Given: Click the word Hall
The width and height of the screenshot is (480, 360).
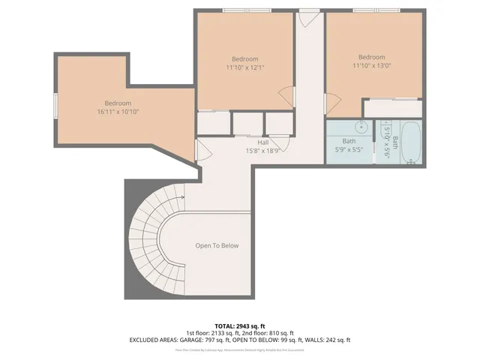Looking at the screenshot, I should coord(263,142).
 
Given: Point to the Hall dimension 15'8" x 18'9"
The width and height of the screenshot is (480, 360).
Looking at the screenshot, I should coord(263,150).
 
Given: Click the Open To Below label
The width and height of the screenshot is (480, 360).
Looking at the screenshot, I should coord(217,245).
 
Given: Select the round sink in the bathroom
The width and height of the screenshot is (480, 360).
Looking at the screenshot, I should coord(361,127).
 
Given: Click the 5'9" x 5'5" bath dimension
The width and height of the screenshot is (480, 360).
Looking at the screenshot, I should coord(349,149).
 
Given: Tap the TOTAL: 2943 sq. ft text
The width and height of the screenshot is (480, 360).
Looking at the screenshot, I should coord(239,325).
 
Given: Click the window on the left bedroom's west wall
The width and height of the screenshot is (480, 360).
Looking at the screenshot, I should coord(55,106).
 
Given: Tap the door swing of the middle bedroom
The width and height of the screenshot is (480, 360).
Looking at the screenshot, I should coord(285,94).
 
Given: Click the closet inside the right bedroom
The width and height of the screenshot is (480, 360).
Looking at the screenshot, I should coord(391,108).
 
